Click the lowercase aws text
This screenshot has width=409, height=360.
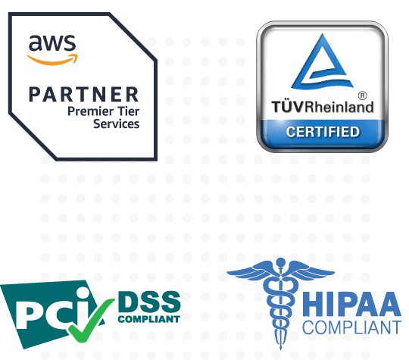[x=52, y=42]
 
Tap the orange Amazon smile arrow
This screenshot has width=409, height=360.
[x=53, y=61]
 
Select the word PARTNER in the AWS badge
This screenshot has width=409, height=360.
[x=83, y=94]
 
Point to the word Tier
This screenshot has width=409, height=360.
[x=128, y=111]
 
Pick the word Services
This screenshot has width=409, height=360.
[x=117, y=124]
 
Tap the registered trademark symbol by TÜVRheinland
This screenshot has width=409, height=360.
[x=363, y=95]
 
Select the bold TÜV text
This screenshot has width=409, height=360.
[x=288, y=107]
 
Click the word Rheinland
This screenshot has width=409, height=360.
[x=339, y=107]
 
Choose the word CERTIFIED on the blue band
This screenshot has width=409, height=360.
[x=323, y=132]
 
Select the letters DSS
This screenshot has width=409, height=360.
[x=149, y=302]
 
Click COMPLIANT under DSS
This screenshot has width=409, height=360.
[x=149, y=319]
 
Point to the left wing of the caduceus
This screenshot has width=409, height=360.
[x=250, y=271]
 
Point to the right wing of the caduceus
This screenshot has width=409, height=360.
[x=311, y=271]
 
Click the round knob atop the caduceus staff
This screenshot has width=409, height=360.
[x=281, y=261]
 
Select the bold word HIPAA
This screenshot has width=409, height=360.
[x=351, y=305]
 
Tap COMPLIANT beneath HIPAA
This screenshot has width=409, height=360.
[x=351, y=327]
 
